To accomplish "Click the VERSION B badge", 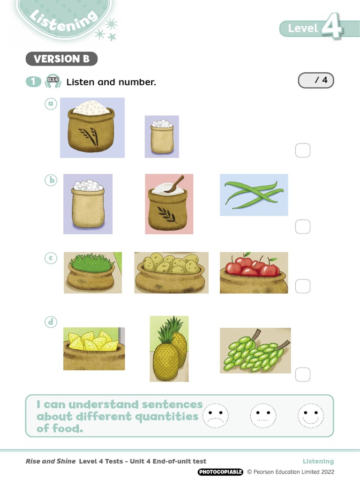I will click(61, 59).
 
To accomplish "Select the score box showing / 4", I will click(316, 81).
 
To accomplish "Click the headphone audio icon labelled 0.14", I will click(52, 81).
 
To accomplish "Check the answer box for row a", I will click(303, 150).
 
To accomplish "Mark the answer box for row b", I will click(303, 226).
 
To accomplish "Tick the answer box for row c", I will click(303, 286).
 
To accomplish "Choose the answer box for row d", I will click(303, 374).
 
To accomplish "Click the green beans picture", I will click(254, 195).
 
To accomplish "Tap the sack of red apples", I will click(254, 272).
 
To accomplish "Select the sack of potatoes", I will click(171, 272).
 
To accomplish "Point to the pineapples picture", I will click(169, 348).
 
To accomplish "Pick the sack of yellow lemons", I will click(94, 348).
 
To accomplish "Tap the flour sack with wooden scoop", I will click(169, 204).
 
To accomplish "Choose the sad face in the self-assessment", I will click(216, 415).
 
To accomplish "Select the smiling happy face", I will click(311, 415).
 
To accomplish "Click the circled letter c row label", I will click(51, 258).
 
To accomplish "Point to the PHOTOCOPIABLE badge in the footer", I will click(220, 472).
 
